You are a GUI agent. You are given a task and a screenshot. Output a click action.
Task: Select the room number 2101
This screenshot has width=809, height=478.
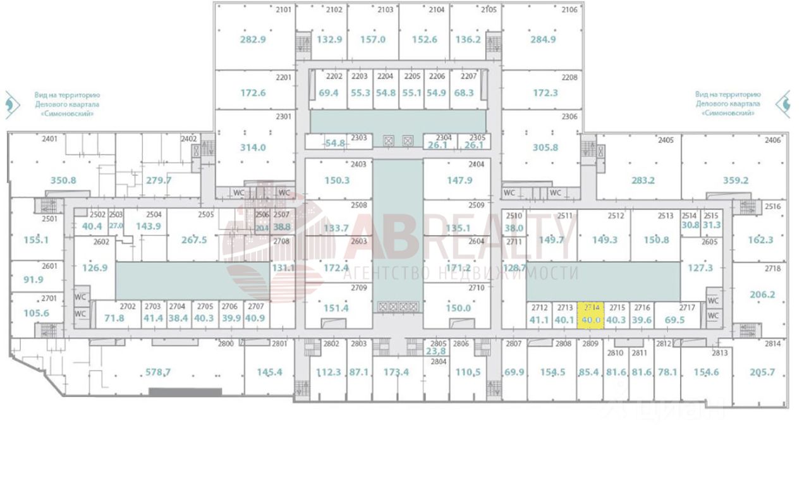pyautogui.click(x=283, y=9)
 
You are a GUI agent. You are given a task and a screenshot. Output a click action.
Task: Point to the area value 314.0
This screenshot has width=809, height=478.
pyautogui.click(x=253, y=147)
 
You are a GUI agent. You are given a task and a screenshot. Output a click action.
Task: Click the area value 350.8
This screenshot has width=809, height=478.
pyautogui.click(x=63, y=180)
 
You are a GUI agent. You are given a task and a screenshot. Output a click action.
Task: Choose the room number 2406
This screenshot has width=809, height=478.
pyautogui.click(x=772, y=140)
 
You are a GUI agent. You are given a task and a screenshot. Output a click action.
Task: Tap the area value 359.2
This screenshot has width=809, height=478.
pyautogui.click(x=736, y=180)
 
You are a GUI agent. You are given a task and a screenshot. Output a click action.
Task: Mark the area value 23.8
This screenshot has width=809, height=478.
pyautogui.click(x=435, y=352)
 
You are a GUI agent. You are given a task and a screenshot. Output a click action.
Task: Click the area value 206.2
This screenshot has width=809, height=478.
pyautogui.click(x=762, y=294)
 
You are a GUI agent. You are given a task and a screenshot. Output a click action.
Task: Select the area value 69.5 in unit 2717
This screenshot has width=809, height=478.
pyautogui.click(x=676, y=320)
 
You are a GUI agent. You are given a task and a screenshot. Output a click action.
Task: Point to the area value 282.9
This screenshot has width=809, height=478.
pyautogui.click(x=253, y=39)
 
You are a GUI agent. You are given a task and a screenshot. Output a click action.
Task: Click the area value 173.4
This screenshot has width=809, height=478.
pyautogui.click(x=396, y=372)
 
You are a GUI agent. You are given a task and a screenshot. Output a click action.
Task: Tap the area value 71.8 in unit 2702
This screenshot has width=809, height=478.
pyautogui.click(x=114, y=318)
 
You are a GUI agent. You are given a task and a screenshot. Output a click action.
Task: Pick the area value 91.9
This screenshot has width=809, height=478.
pyautogui.click(x=33, y=280)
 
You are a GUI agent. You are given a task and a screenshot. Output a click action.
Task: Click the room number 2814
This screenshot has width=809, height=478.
pyautogui.click(x=773, y=344)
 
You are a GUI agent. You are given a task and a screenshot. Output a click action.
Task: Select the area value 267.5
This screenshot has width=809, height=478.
pyautogui.click(x=194, y=240)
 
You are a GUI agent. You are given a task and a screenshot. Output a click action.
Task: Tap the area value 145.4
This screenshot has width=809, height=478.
pyautogui.click(x=269, y=372)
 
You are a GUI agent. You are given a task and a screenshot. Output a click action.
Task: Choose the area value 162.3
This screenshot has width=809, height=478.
pyautogui.click(x=760, y=240)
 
